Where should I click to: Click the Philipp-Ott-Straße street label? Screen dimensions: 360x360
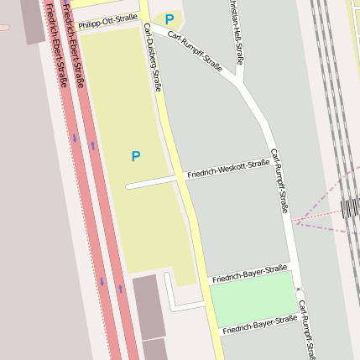tap(107, 20)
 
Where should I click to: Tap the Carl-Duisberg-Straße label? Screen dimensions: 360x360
tap(152, 57)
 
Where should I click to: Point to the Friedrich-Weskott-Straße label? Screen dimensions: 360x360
tap(228, 168)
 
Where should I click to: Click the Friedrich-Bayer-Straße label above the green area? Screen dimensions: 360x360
tap(248, 274)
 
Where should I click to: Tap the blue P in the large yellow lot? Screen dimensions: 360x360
tap(135, 156)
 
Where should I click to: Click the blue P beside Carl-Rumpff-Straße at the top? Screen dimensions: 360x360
tap(170, 19)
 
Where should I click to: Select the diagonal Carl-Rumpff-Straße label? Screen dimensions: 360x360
tap(195, 51)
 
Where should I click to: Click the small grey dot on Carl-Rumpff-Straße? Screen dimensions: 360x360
tap(298, 290)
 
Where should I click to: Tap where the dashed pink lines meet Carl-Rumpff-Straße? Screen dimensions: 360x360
tap(295, 222)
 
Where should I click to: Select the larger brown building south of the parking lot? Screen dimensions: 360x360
tap(149, 306)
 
